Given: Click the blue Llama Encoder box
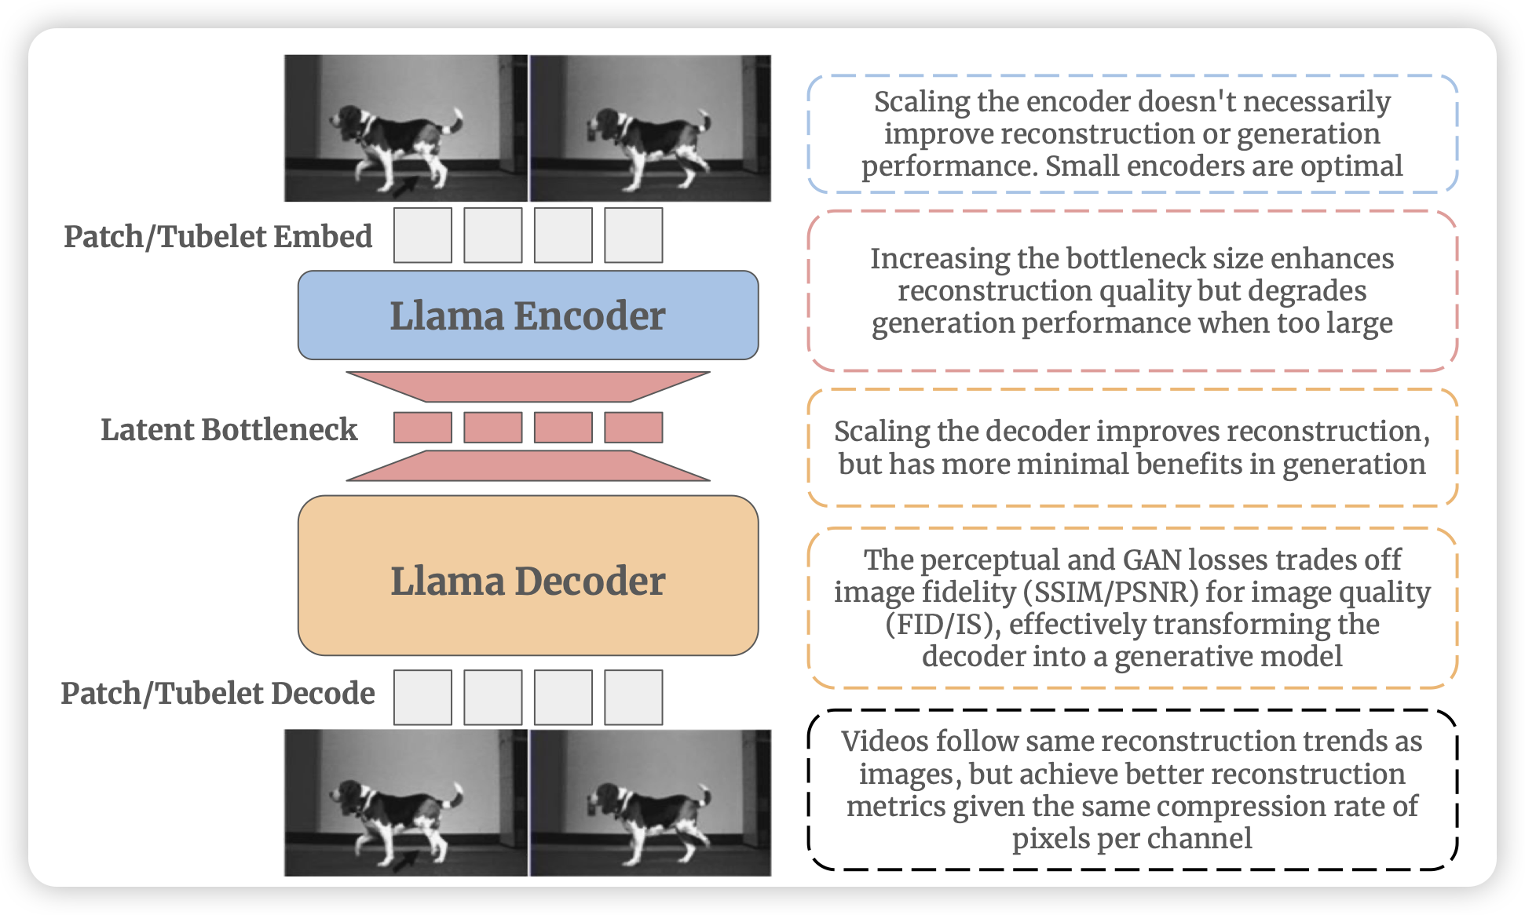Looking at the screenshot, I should (528, 315).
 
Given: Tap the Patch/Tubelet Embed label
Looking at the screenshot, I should (218, 236).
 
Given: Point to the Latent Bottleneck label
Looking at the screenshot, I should (229, 429).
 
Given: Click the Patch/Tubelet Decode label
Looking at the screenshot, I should (218, 693).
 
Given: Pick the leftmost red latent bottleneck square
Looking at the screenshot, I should (422, 428).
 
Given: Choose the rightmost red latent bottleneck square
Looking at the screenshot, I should (633, 428).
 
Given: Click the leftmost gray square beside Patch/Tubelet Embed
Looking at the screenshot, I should (422, 235).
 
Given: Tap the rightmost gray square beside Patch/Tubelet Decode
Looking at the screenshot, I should (633, 697).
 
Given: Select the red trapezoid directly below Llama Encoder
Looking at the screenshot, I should (528, 386).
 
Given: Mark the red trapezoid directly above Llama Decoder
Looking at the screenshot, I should (528, 465).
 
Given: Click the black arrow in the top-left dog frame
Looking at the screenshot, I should (405, 187).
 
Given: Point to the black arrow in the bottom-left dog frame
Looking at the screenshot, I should (405, 862).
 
